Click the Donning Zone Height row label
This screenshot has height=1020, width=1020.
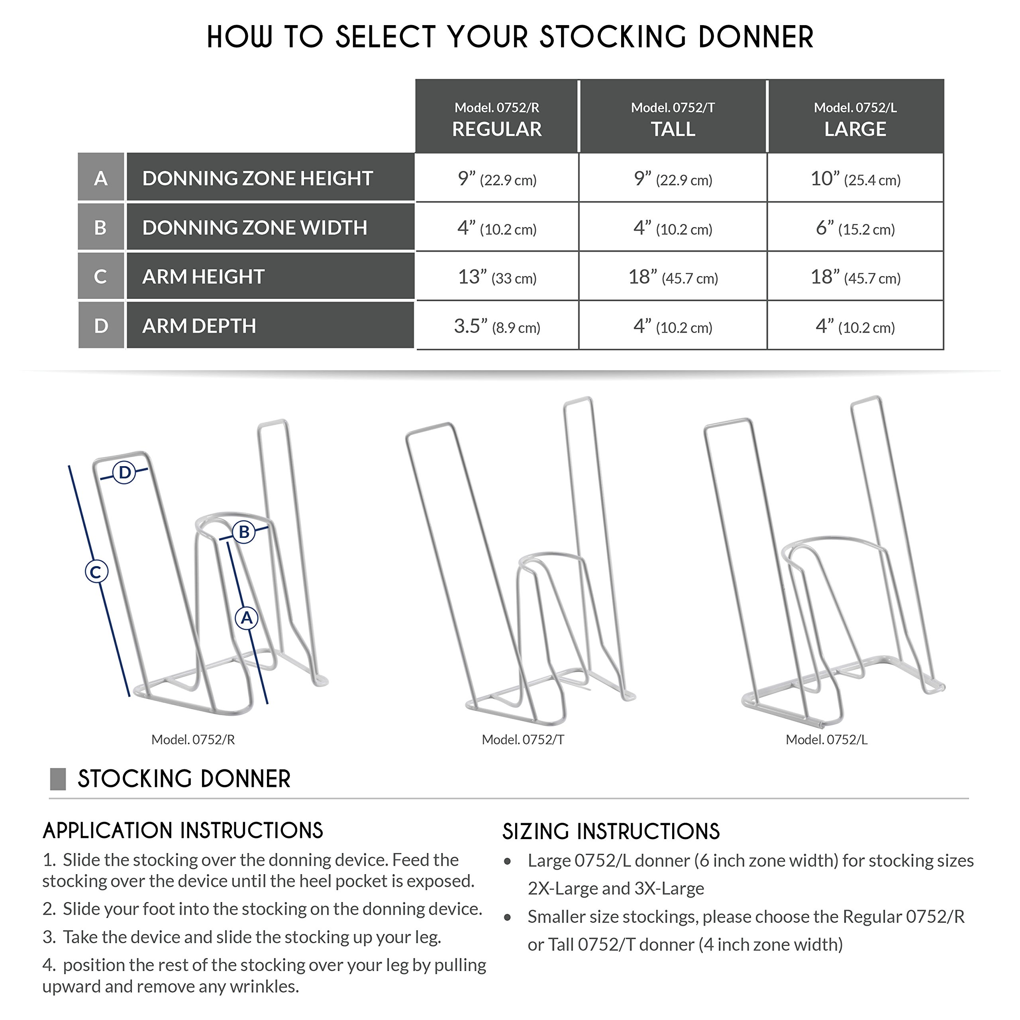(x=258, y=178)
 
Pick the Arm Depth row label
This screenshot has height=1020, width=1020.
(x=199, y=326)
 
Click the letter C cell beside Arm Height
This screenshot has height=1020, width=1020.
(x=100, y=277)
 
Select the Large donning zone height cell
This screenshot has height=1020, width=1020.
(x=855, y=179)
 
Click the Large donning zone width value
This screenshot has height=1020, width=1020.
(x=855, y=228)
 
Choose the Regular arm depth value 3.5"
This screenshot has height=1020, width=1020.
(x=497, y=326)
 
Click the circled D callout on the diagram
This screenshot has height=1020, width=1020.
(x=125, y=472)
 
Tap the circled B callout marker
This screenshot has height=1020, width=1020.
(x=244, y=532)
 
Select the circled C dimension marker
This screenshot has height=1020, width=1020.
(x=96, y=572)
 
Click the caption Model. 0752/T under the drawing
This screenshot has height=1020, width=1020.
(x=523, y=739)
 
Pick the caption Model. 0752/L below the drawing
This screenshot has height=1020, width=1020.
(x=826, y=739)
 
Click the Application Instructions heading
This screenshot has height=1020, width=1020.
(x=182, y=830)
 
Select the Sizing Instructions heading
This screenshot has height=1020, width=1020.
(x=611, y=832)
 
